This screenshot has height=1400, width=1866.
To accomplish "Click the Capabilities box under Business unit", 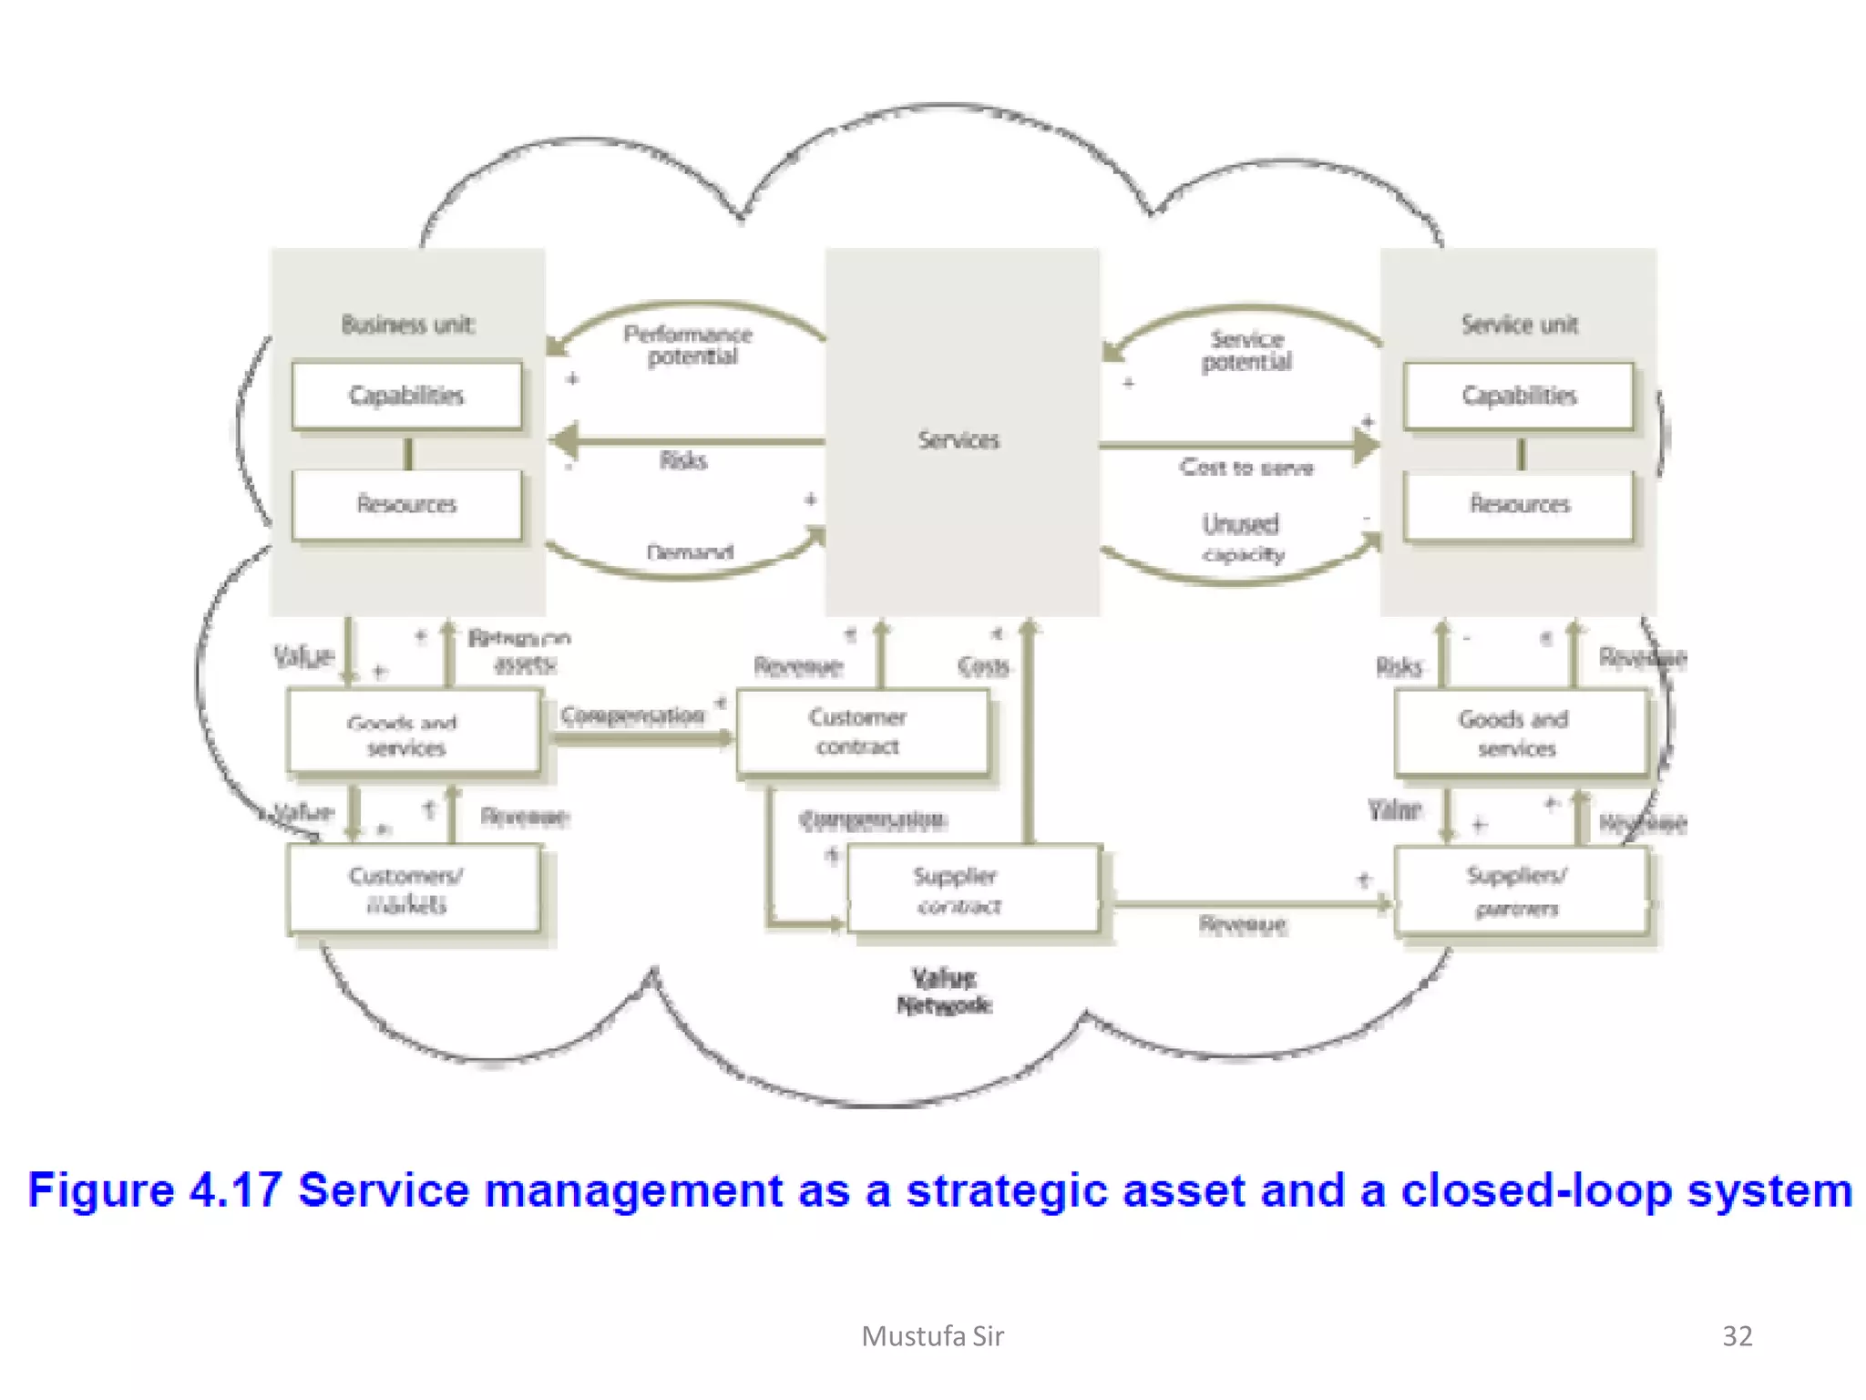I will tap(406, 396).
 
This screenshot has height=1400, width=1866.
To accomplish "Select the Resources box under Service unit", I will tap(1519, 504).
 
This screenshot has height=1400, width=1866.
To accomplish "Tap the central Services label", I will tap(959, 440).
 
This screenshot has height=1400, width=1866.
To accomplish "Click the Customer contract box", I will tap(861, 732).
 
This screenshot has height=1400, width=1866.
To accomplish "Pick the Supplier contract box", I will tap(973, 890).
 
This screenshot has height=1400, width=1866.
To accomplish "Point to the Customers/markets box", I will tap(413, 889).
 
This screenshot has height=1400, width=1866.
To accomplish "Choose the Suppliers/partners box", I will tap(1521, 890).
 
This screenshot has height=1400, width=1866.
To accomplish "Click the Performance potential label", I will tap(689, 345).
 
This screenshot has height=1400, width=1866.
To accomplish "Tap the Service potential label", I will tap(1246, 351).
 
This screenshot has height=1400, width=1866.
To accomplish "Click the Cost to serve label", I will tap(1246, 468).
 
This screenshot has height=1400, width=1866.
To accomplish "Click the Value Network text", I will tap(944, 992).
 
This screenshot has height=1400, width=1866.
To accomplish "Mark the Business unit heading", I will tap(407, 324).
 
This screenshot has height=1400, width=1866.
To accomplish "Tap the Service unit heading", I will tap(1519, 324).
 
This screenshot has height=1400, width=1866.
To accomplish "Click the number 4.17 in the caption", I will tap(235, 1190).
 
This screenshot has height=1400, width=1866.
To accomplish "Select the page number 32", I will tap(1737, 1336).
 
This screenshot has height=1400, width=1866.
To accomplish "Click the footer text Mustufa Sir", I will tap(932, 1336).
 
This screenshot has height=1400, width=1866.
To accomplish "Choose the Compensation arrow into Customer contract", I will tap(642, 736).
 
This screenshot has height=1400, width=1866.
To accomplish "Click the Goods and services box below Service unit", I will tap(1520, 733).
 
